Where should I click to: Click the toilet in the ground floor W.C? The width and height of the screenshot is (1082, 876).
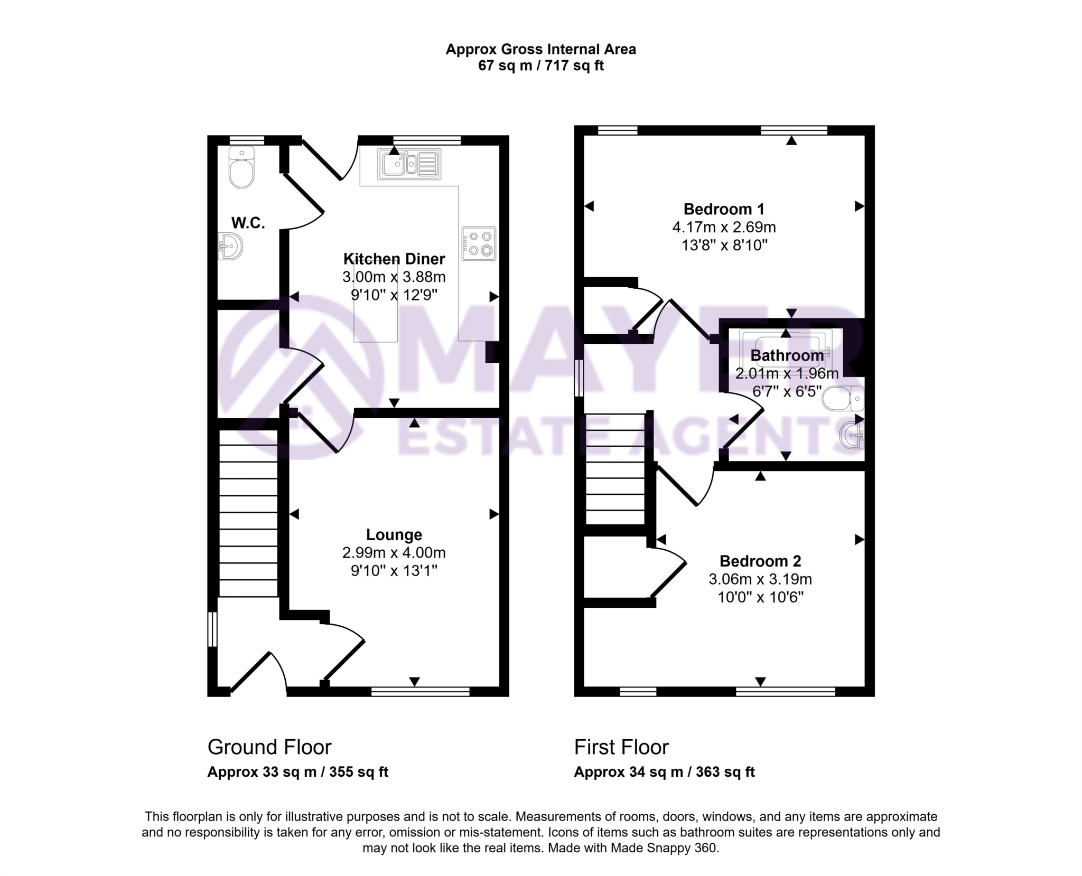[242, 168]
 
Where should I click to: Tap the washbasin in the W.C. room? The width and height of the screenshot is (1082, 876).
[230, 247]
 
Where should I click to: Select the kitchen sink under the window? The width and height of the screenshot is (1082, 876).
[409, 164]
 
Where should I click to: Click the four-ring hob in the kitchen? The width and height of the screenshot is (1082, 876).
[479, 243]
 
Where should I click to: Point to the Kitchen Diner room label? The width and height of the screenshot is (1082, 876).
[394, 259]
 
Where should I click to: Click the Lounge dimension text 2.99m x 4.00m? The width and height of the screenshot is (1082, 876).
[394, 553]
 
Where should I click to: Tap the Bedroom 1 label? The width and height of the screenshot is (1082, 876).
[724, 209]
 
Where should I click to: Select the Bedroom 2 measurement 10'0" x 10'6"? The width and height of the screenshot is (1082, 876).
[760, 597]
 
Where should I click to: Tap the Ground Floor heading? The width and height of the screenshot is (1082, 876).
[269, 747]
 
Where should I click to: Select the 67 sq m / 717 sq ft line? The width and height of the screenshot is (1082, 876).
[540, 66]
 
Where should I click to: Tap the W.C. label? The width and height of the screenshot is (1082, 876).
[248, 223]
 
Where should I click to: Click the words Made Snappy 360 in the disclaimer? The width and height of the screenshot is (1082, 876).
[664, 849]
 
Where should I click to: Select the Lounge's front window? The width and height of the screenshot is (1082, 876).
[420, 692]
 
